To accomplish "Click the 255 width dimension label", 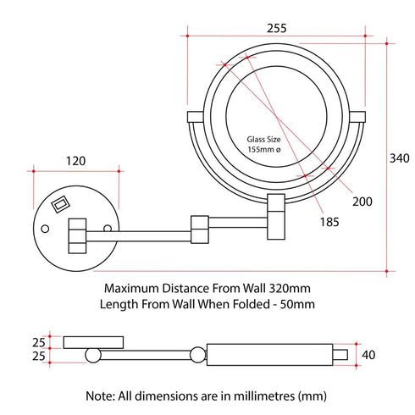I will pos(274,26).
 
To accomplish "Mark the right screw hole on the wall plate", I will pos(107,229).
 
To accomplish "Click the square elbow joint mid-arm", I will pos(200,227).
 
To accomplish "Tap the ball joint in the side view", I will pos(196,355).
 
